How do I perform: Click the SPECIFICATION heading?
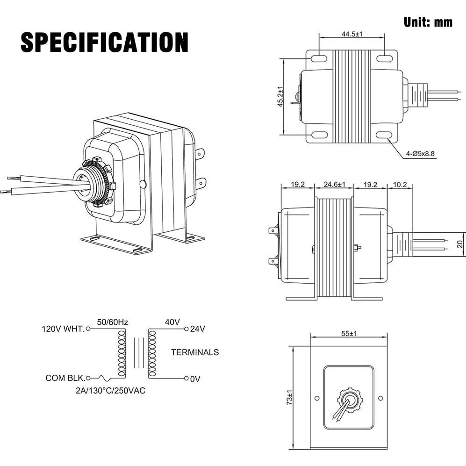pyautogui.click(x=104, y=43)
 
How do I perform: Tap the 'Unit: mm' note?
pyautogui.click(x=427, y=22)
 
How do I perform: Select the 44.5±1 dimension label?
pyautogui.click(x=352, y=34)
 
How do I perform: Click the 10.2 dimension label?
pyautogui.click(x=400, y=185)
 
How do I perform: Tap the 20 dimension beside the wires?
pyautogui.click(x=459, y=244)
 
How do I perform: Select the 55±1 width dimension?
pyautogui.click(x=349, y=333)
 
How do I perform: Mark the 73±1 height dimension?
pyautogui.click(x=290, y=398)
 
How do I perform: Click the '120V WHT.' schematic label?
pyautogui.click(x=63, y=329)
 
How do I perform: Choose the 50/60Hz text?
pyautogui.click(x=112, y=322)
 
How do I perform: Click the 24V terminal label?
pyautogui.click(x=198, y=329)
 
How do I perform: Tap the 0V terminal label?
pyautogui.click(x=195, y=379)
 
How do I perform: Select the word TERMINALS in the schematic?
pyautogui.click(x=194, y=352)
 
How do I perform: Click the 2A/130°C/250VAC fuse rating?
pyautogui.click(x=111, y=390)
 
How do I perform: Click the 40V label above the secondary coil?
pyautogui.click(x=172, y=322)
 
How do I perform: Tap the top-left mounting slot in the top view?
pyautogui.click(x=319, y=59)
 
